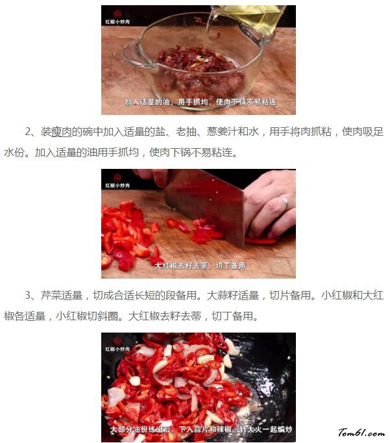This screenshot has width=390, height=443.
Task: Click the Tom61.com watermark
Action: [361, 433]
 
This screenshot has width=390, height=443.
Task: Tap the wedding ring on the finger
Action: [284, 203]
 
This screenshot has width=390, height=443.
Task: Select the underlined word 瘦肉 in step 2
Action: [62, 132]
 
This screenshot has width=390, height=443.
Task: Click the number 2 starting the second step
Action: [27, 132]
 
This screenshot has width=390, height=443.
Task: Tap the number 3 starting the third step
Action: [27, 296]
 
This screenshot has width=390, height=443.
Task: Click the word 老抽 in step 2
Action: [186, 132]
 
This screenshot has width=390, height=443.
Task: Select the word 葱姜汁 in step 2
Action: [222, 132]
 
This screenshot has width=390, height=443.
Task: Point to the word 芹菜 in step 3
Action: [51, 296]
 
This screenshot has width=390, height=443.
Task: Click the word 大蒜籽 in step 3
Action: [222, 296]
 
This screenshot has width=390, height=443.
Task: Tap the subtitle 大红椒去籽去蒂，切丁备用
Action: [200, 266]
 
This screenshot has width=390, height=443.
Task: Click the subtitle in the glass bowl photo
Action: [201, 102]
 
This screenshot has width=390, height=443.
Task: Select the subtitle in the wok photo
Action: [201, 429]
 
